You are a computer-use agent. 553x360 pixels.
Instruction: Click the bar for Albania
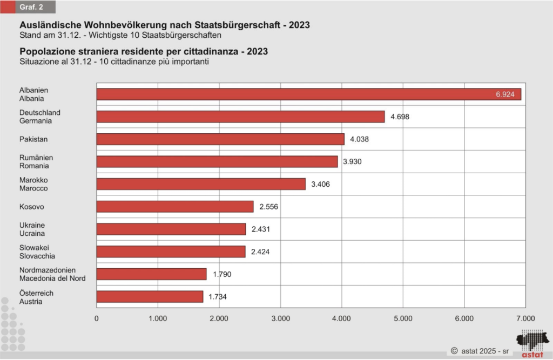tap(308, 94)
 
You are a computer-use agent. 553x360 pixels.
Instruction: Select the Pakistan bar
tap(220, 139)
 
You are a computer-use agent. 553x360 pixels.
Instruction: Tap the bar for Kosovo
tap(175, 207)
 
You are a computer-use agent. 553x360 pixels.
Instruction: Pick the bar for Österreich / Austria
tap(150, 297)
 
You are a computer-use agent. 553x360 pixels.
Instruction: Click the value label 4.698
tap(399, 117)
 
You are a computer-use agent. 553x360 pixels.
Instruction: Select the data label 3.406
tap(320, 184)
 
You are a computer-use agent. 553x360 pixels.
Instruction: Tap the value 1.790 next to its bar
tap(221, 275)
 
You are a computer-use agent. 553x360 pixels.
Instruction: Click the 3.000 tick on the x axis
tap(280, 318)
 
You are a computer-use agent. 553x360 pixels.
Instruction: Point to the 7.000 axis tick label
tap(525, 318)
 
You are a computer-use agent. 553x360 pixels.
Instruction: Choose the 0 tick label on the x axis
tap(97, 318)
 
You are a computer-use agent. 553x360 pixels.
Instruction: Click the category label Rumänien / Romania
tap(36, 161)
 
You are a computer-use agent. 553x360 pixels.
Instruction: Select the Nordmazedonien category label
tap(48, 270)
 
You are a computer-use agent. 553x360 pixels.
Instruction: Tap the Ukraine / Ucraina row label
tap(32, 229)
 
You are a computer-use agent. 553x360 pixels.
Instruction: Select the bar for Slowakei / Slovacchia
tap(171, 252)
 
